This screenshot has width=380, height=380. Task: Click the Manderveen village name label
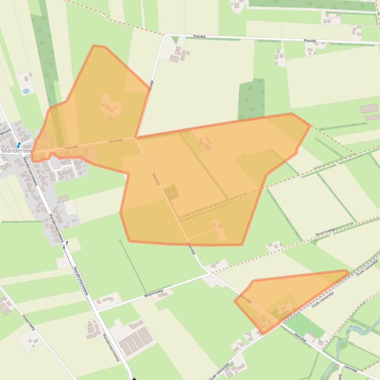pyautogui.click(x=17, y=151)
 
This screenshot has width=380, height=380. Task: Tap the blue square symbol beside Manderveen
pyautogui.click(x=19, y=145)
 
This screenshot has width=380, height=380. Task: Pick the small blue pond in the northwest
pyautogui.click(x=26, y=91)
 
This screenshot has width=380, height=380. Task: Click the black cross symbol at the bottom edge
pyautogui.click(x=134, y=379)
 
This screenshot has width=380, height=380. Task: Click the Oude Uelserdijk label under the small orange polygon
pyautogui.click(x=323, y=300)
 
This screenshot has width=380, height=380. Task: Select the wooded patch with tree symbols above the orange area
pyautogui.click(x=251, y=99)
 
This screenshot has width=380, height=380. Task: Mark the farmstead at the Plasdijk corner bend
pyautogui.click(x=179, y=53)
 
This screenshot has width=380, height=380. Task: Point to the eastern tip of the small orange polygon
pyautogui.click(x=348, y=271)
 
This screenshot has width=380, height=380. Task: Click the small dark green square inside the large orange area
pyautogui.click(x=171, y=193)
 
